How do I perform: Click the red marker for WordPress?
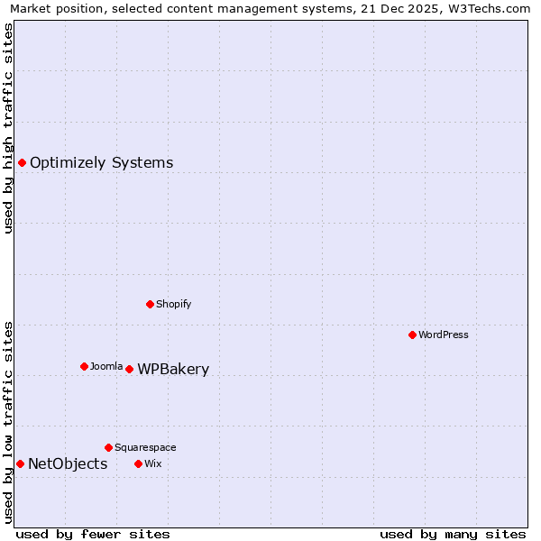[412, 335]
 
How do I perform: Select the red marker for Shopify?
[150, 304]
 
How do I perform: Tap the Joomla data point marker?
[84, 366]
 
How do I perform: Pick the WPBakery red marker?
[129, 369]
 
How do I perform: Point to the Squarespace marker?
[108, 447]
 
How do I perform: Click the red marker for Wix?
[138, 463]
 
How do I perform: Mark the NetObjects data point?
[20, 463]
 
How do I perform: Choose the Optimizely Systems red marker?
[22, 162]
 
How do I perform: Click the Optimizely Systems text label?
[101, 163]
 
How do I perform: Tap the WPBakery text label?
[173, 370]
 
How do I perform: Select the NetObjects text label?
[68, 464]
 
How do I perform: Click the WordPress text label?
[444, 335]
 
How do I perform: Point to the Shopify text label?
[174, 305]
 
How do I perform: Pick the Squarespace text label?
[145, 448]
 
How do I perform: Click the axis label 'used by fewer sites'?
[93, 534]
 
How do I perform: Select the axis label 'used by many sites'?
[453, 534]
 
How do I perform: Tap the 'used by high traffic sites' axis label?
[9, 128]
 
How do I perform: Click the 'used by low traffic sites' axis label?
[9, 421]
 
